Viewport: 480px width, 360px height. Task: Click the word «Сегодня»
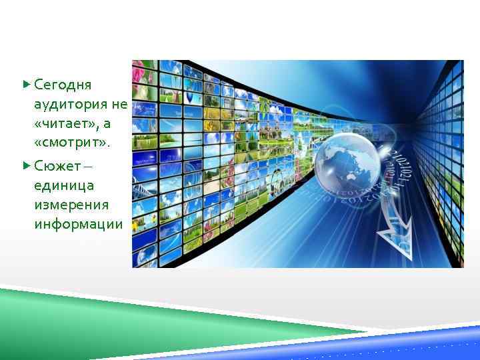tap(63, 85)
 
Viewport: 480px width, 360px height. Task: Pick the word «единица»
tap(64, 184)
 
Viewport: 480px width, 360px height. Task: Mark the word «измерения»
tap(71, 204)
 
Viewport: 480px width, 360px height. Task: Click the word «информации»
tap(78, 224)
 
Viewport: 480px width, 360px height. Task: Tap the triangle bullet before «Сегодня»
tap(26, 85)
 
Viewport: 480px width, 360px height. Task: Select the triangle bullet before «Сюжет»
tap(26, 164)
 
